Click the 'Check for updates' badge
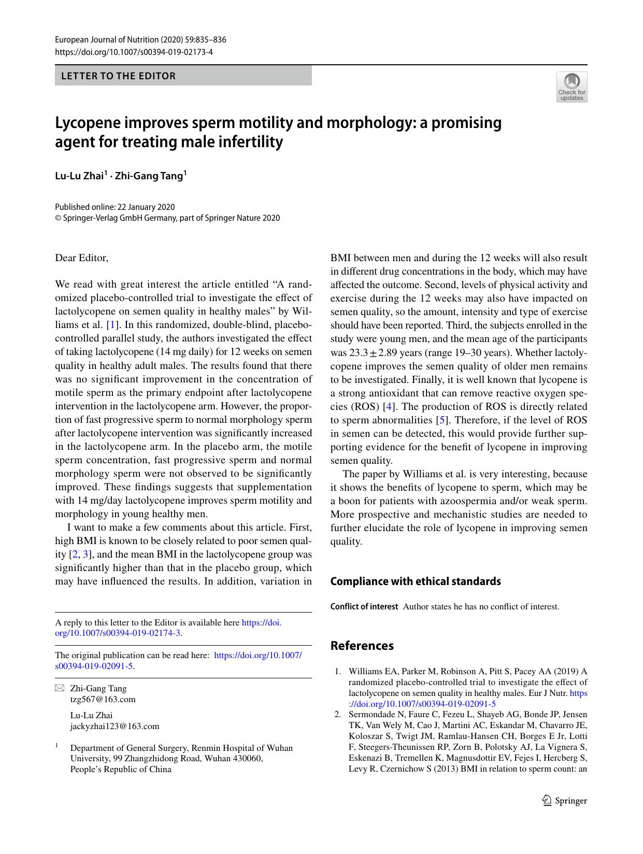click(x=571, y=87)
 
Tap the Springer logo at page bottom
click(x=564, y=801)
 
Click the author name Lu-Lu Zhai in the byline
click(x=80, y=176)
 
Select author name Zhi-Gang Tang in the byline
click(x=149, y=176)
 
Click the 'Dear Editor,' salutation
click(x=82, y=258)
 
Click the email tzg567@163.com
click(x=103, y=699)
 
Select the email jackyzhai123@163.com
click(x=115, y=726)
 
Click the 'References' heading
click(x=362, y=646)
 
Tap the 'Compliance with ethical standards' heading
click(x=416, y=581)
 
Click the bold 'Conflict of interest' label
click(x=364, y=606)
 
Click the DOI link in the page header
click(x=134, y=52)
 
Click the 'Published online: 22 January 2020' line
click(x=115, y=207)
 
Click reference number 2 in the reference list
click(x=337, y=714)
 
